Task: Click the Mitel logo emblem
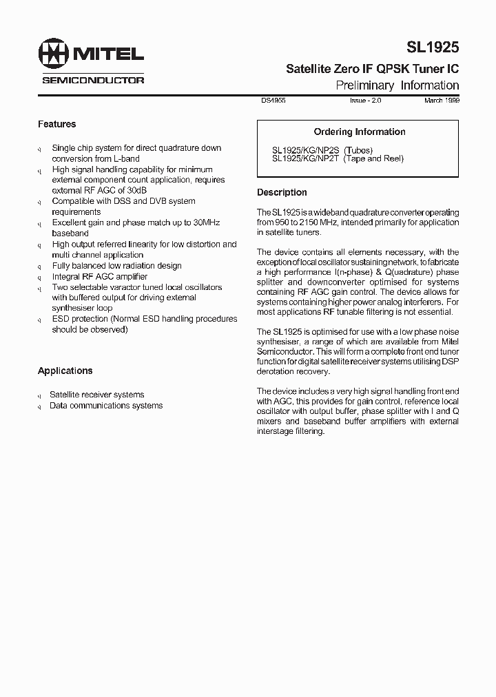53,54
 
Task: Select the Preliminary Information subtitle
397,85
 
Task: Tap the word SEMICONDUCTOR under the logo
93,80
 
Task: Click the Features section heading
56,124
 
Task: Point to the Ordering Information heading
359,132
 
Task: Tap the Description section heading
282,192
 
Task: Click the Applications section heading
65,371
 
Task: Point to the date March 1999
442,101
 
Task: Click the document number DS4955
273,101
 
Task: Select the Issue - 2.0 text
365,101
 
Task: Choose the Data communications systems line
106,406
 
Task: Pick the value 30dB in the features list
136,190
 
